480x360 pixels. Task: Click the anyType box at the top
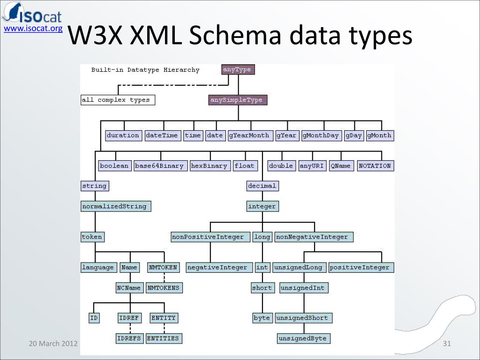click(x=238, y=70)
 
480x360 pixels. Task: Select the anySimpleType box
click(x=238, y=100)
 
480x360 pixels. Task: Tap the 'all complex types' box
click(x=118, y=100)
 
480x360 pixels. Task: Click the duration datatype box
click(x=123, y=135)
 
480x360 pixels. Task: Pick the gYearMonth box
click(x=249, y=135)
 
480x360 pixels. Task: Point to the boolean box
click(x=114, y=166)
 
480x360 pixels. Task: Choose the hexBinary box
click(x=210, y=166)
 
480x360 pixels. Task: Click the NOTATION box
click(x=375, y=166)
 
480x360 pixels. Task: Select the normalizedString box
click(x=116, y=206)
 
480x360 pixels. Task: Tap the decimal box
click(x=262, y=186)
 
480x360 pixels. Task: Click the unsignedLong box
click(x=299, y=268)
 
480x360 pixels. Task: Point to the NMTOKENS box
click(x=164, y=288)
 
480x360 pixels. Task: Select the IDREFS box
click(x=129, y=338)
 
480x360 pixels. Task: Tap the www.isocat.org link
click(x=33, y=29)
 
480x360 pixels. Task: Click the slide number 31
click(x=447, y=344)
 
